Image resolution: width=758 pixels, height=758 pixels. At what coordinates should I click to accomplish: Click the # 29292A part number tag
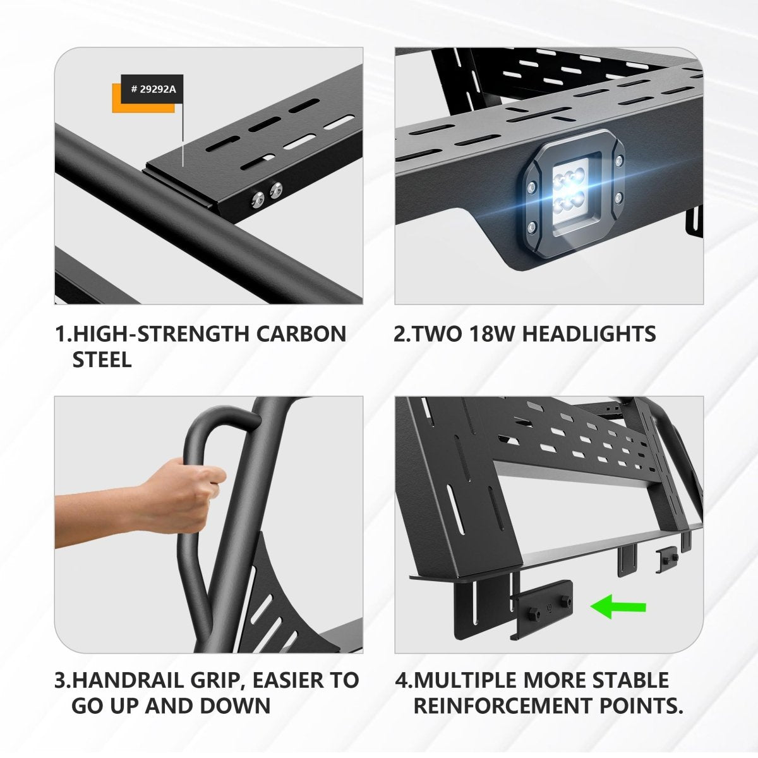(153, 89)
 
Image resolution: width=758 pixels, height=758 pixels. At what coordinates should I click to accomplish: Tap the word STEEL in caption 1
(102, 360)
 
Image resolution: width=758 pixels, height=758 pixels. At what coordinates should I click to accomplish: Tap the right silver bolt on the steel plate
(275, 189)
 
